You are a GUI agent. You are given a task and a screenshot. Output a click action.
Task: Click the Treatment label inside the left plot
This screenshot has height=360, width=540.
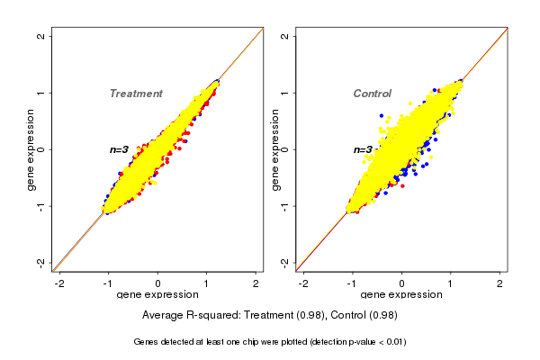[136, 94]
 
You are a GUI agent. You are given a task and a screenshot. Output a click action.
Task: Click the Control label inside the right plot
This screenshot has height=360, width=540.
[372, 94]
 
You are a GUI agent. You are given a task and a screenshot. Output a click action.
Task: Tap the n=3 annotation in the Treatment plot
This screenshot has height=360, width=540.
[120, 149]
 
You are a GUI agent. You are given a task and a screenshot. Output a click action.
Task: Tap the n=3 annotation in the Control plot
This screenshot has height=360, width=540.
[363, 149]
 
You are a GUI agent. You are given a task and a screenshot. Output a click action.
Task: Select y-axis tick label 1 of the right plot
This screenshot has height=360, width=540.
[285, 93]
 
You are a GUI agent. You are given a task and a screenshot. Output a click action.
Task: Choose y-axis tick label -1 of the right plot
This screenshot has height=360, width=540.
[285, 206]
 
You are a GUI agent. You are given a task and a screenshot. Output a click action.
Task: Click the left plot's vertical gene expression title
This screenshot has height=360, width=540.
[31, 149]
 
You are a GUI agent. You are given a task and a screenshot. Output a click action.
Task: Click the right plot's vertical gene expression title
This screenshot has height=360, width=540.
[274, 149]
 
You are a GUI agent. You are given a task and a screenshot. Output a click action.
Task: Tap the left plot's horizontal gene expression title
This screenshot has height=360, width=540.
[158, 295]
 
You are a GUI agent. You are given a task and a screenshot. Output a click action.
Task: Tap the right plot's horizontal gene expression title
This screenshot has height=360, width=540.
[402, 295]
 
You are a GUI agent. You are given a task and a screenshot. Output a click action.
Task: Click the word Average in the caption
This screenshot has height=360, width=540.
[163, 315]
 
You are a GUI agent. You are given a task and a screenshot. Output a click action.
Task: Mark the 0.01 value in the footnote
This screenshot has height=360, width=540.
[393, 342]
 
